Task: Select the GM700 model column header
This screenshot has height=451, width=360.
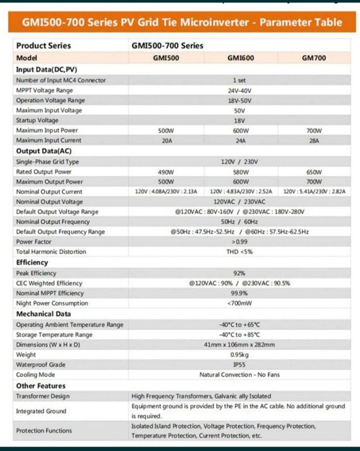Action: [x=314, y=58]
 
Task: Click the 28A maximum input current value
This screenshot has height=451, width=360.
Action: [x=314, y=140]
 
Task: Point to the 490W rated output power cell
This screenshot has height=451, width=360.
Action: [x=166, y=172]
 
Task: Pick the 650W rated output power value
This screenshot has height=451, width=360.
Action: [x=314, y=172]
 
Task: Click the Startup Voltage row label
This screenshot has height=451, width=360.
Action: [x=37, y=120]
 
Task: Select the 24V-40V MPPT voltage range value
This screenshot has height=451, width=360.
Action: [x=240, y=90]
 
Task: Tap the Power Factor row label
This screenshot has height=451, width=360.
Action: [x=34, y=242]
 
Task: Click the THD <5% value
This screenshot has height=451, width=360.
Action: [x=240, y=252]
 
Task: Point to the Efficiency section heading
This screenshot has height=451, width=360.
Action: [x=32, y=262]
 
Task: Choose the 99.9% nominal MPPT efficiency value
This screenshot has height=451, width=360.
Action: [x=240, y=293]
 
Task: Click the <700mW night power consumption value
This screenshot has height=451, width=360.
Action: [x=240, y=303]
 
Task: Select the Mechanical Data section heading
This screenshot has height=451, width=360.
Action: [x=43, y=314]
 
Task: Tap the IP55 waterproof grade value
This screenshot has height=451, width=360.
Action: [x=240, y=365]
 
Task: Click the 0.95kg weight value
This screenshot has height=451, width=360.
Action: [x=240, y=354]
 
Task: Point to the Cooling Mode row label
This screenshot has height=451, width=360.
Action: [x=35, y=375]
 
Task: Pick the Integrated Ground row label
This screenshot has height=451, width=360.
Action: [x=41, y=410]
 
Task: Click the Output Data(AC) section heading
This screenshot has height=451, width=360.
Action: [x=43, y=151]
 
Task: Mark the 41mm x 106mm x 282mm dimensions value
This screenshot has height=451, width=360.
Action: [x=240, y=345]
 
